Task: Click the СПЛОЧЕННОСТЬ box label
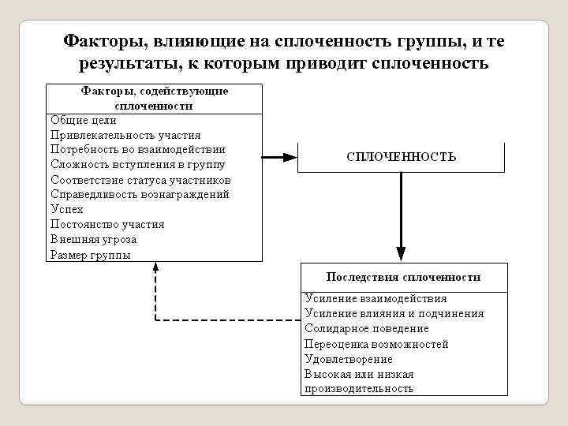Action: click(x=402, y=157)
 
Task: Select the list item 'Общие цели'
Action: click(x=83, y=120)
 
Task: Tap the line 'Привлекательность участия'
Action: click(x=125, y=135)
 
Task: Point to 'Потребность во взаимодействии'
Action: click(x=138, y=149)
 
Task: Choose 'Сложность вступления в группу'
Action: click(x=137, y=164)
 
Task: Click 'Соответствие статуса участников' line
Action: click(x=140, y=179)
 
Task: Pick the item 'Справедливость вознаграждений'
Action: click(x=140, y=194)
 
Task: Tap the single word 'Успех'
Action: click(x=66, y=209)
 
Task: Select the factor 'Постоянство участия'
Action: click(x=107, y=224)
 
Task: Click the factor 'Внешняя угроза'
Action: click(x=93, y=239)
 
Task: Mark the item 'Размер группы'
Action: click(x=90, y=255)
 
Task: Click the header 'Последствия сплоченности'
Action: click(x=403, y=277)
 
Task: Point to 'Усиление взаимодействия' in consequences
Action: click(x=376, y=298)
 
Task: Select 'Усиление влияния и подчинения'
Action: click(x=394, y=313)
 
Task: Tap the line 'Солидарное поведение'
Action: click(x=367, y=328)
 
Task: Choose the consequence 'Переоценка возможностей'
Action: click(x=376, y=344)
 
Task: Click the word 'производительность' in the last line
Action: click(x=359, y=389)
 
